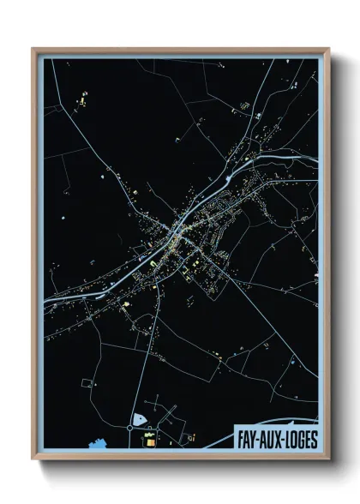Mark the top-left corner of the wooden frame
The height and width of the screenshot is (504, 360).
tap(33, 49)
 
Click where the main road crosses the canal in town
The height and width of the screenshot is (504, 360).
tap(178, 230)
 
